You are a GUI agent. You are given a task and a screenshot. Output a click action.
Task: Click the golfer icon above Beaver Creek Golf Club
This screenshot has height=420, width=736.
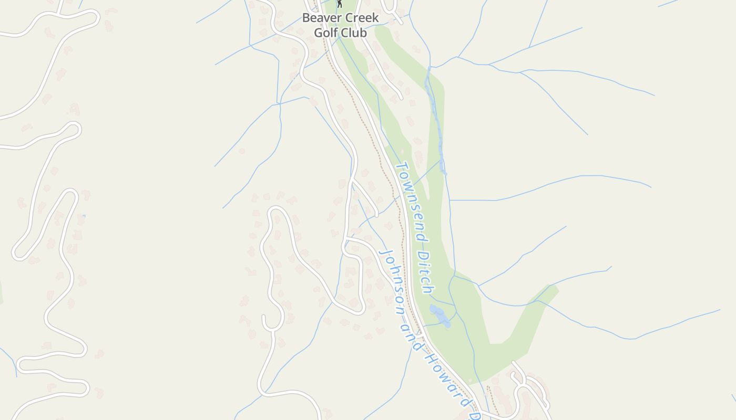340,4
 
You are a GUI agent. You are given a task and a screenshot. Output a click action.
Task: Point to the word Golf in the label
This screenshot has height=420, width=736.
326,33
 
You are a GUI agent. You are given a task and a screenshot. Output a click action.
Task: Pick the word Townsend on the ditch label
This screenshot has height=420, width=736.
411,201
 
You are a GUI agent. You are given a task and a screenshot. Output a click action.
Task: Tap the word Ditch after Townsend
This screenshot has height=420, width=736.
426,272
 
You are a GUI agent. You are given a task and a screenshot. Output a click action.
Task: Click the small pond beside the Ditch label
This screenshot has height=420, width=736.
440,316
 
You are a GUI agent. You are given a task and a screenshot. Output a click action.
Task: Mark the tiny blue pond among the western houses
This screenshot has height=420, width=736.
83,216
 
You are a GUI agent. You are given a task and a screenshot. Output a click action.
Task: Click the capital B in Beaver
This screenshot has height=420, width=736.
306,18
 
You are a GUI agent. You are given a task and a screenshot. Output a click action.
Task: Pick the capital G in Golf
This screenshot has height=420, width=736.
318,33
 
